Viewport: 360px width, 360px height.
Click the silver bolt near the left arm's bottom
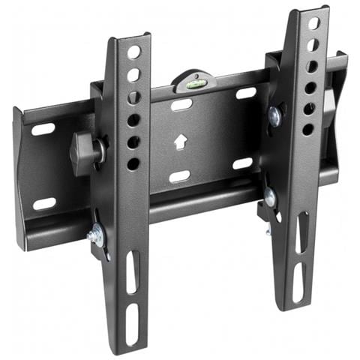[95, 236]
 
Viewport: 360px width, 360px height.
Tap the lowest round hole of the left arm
[133, 163]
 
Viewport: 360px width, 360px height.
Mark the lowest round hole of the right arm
[307, 130]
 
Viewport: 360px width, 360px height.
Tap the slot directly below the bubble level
[181, 105]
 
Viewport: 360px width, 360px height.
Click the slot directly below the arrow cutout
[179, 176]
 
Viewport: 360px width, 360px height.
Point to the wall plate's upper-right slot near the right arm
[246, 94]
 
